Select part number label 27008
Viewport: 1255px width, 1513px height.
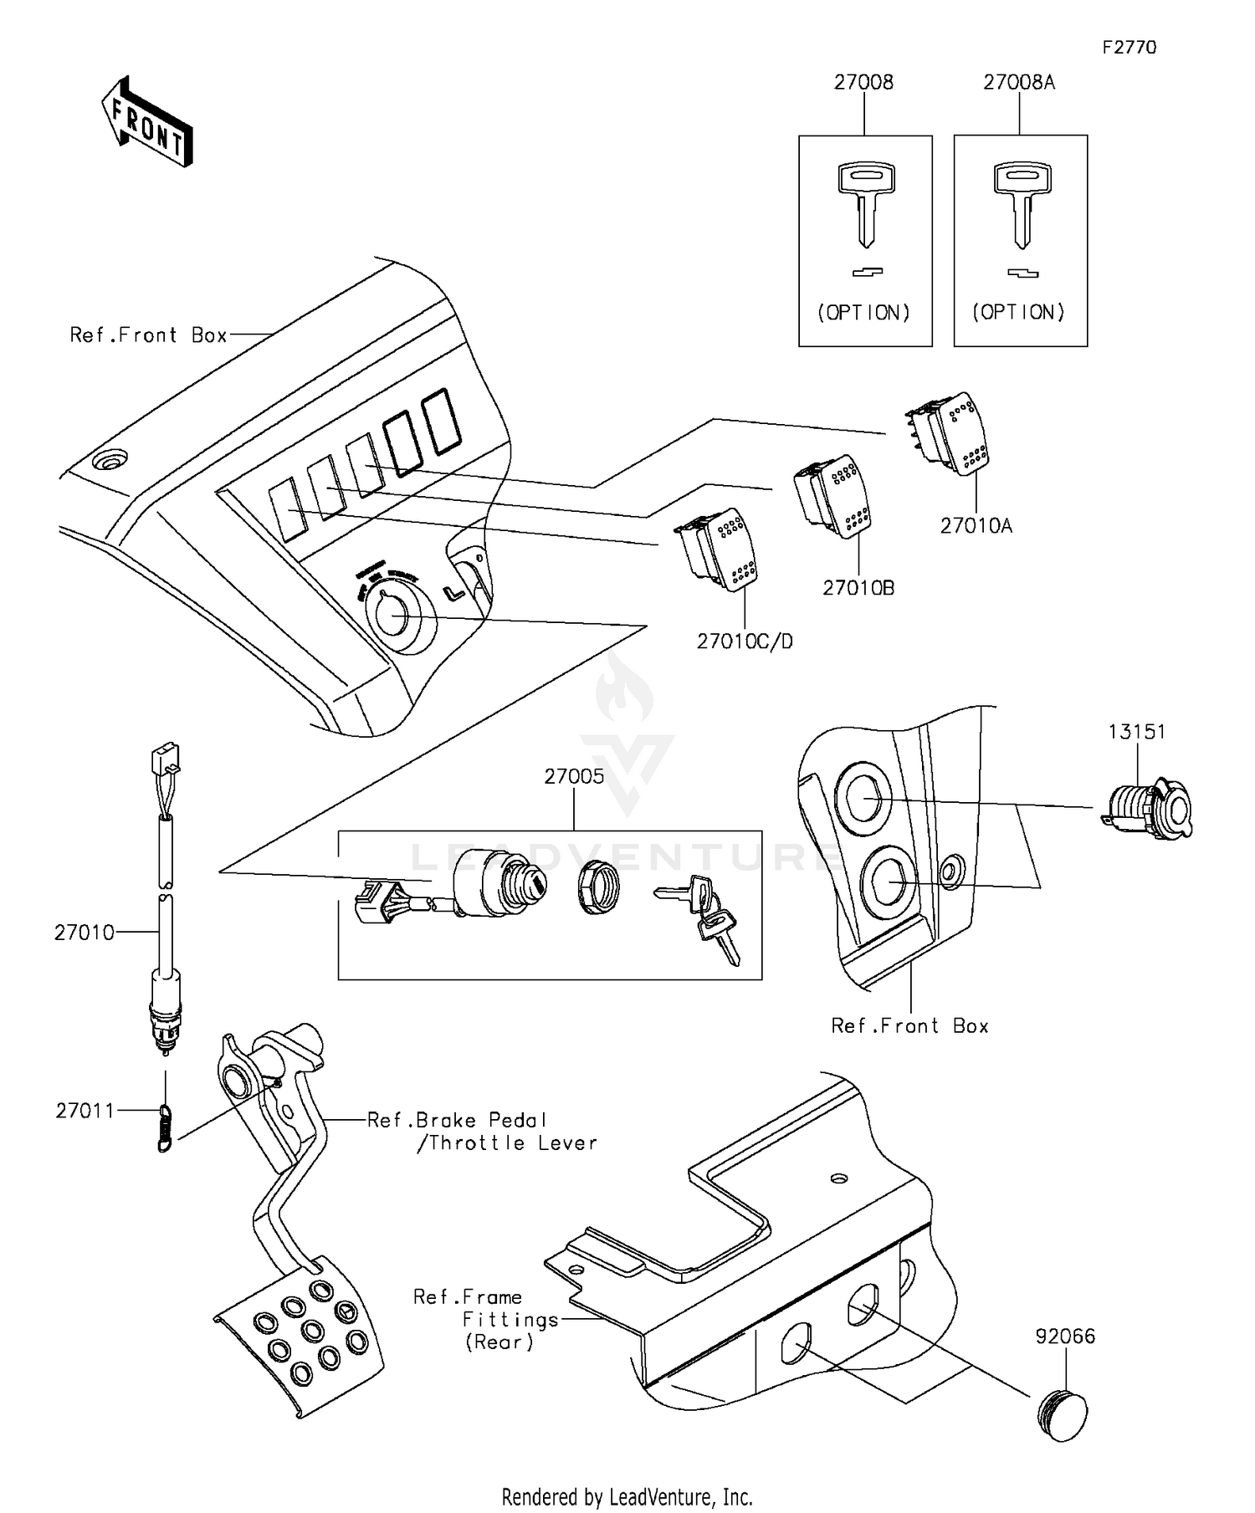tap(863, 82)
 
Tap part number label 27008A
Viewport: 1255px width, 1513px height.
tap(1018, 82)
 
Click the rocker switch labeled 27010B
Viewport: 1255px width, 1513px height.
tap(834, 496)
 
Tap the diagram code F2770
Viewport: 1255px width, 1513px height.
tap(1129, 47)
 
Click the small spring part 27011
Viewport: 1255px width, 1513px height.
tap(166, 1127)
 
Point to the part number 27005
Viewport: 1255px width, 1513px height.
tap(574, 776)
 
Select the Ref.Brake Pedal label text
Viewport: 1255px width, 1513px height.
tap(457, 1120)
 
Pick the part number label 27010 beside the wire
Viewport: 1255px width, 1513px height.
tap(84, 932)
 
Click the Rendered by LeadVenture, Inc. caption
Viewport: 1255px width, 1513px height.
tap(627, 1496)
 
